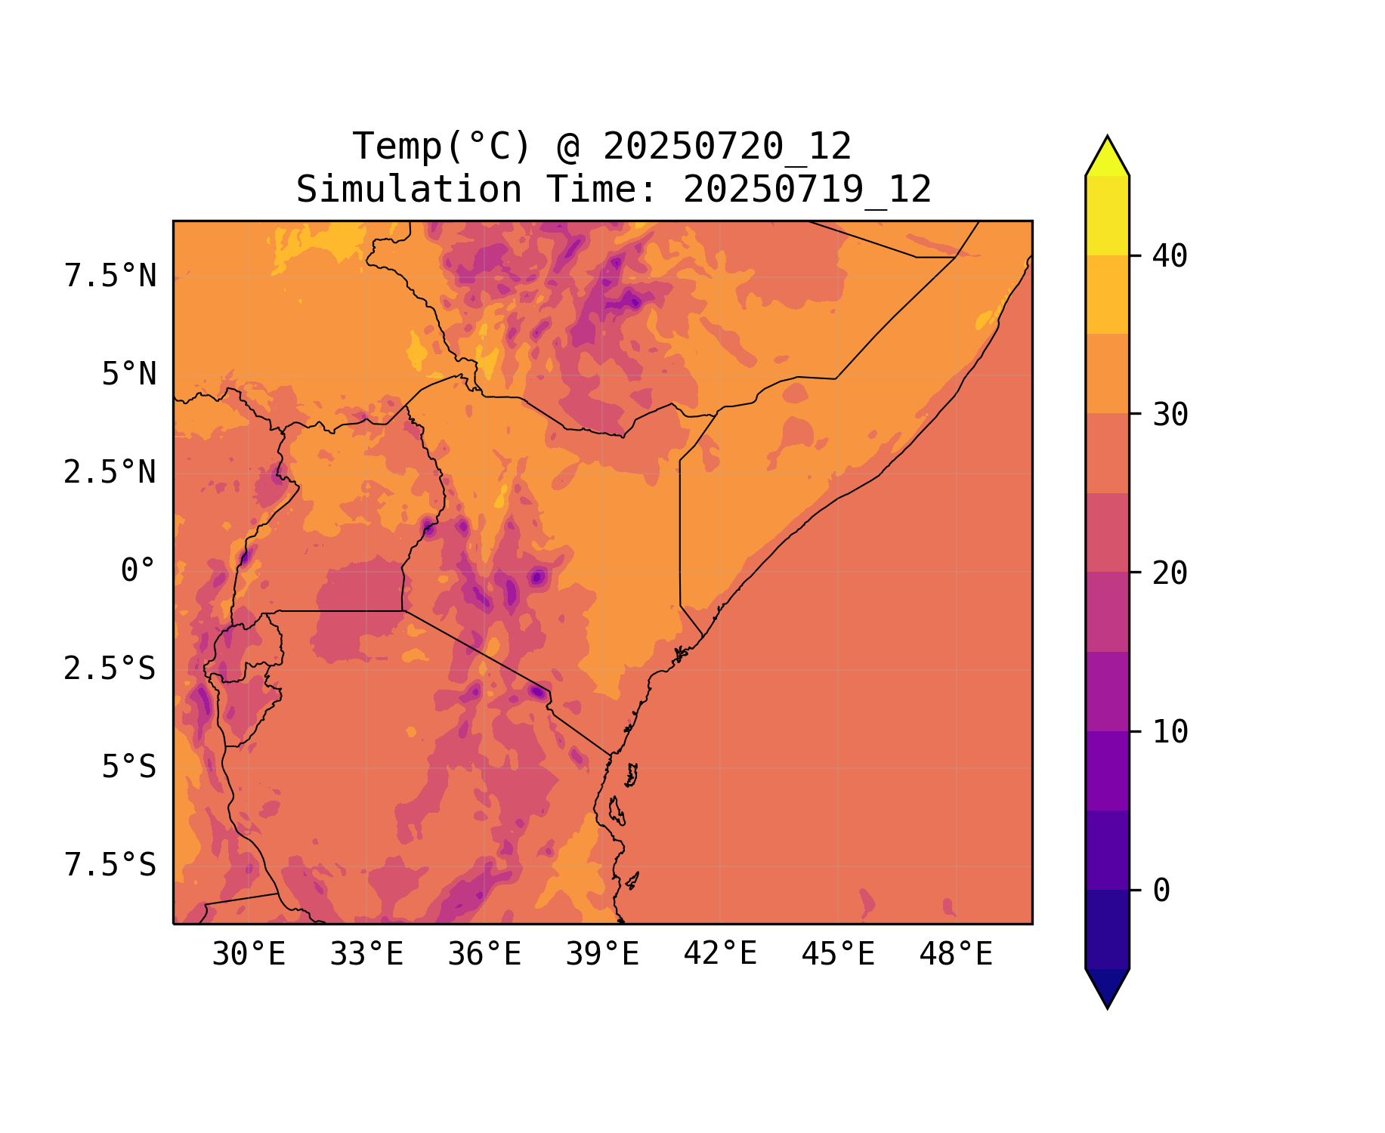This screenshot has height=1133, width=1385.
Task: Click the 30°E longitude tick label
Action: (249, 955)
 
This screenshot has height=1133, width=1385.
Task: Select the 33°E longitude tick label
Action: (366, 955)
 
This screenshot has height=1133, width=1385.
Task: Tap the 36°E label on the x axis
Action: (484, 955)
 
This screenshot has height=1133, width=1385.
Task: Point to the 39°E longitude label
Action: (602, 955)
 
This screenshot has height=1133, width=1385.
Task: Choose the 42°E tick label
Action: (720, 954)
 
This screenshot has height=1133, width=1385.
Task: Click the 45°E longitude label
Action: (838, 955)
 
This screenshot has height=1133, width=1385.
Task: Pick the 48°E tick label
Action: (956, 955)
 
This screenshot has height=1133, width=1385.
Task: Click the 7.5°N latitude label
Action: (110, 276)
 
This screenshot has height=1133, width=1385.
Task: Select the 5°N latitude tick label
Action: (129, 375)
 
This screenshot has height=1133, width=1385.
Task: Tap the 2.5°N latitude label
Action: (110, 473)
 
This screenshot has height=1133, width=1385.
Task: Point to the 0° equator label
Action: (138, 570)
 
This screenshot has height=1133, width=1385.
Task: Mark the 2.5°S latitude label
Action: (110, 668)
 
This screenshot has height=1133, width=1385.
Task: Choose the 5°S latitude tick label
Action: (129, 767)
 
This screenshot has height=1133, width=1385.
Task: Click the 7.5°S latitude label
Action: (110, 865)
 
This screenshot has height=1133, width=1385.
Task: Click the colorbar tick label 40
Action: (1170, 256)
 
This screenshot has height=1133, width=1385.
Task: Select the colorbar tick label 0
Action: (1161, 891)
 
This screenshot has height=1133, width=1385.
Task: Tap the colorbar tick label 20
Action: (1170, 573)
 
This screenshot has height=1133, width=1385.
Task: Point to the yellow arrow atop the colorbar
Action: (1107, 157)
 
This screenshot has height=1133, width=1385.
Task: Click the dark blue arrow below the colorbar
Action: (1107, 986)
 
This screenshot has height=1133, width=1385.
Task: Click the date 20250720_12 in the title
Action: (727, 147)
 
